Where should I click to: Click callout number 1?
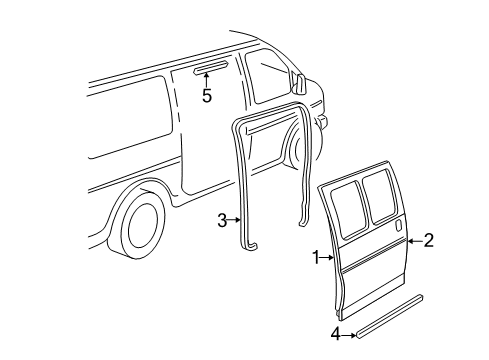316,257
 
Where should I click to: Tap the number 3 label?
222,221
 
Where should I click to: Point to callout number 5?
207,97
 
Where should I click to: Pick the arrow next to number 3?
234,221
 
